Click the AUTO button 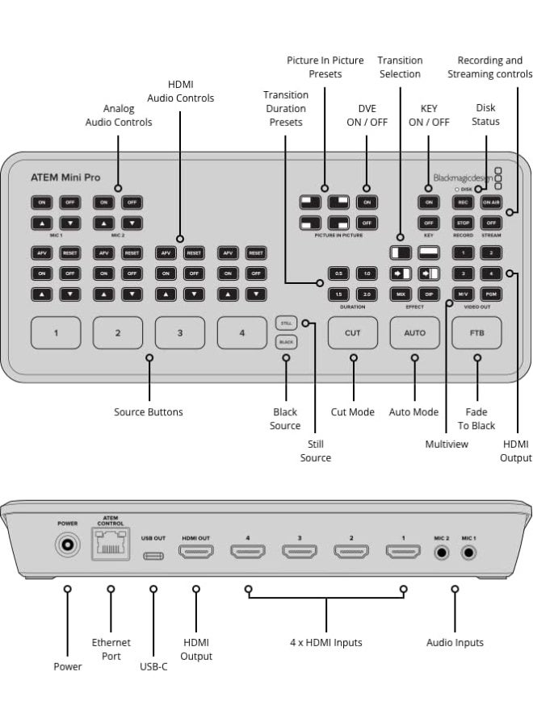(x=414, y=332)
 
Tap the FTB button (x=476, y=332)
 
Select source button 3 (x=179, y=332)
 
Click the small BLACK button (x=286, y=341)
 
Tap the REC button (x=463, y=202)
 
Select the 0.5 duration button (x=338, y=273)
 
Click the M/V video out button (x=463, y=294)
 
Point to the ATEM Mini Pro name (x=65, y=177)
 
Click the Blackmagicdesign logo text (x=463, y=178)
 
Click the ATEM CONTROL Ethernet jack (x=111, y=549)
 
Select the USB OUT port (x=153, y=555)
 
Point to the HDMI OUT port (x=195, y=553)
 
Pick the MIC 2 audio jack (x=441, y=553)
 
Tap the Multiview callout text (x=447, y=444)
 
